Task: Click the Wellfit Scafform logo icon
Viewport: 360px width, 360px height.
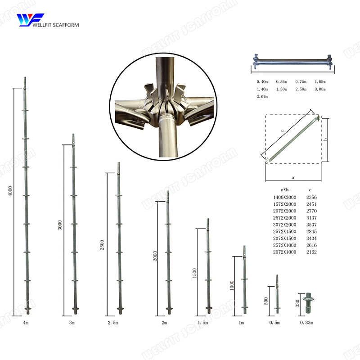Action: (x=30, y=20)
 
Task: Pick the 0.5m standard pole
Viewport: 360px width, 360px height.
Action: (x=277, y=295)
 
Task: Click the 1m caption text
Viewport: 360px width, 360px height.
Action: (x=241, y=323)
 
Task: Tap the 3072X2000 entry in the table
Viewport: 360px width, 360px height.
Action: (x=285, y=225)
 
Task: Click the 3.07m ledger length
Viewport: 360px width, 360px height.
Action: (x=262, y=97)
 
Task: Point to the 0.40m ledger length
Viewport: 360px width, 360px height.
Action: (x=262, y=81)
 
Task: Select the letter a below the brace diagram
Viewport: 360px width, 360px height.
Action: (x=293, y=178)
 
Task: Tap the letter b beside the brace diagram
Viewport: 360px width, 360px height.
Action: (x=325, y=139)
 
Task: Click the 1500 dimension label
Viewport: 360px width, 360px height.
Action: (x=194, y=273)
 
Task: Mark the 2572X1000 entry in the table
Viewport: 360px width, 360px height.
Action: (x=285, y=245)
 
